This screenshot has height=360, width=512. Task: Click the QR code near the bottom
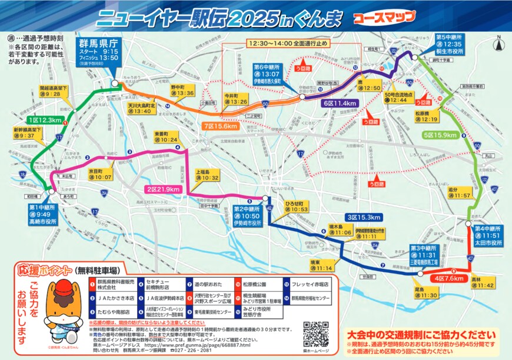[x=315, y=333]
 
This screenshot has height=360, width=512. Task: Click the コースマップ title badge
[x=383, y=18]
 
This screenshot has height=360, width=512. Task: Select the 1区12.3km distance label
[x=45, y=120]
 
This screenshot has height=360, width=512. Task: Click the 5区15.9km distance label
[x=439, y=135]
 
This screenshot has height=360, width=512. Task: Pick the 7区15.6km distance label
[x=219, y=126]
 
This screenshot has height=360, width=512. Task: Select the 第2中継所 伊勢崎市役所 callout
[x=246, y=216]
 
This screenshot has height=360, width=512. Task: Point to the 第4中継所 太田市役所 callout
[x=487, y=235]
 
